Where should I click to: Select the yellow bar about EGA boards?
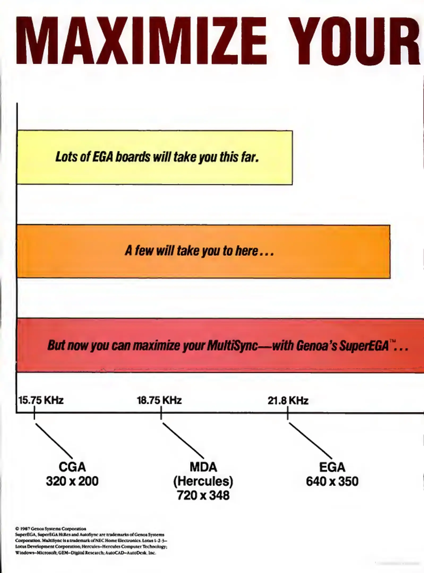coord(155,157)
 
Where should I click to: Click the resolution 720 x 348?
coord(203,495)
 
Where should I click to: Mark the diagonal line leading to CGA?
coord(54,440)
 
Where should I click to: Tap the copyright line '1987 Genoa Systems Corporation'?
coord(51,529)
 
